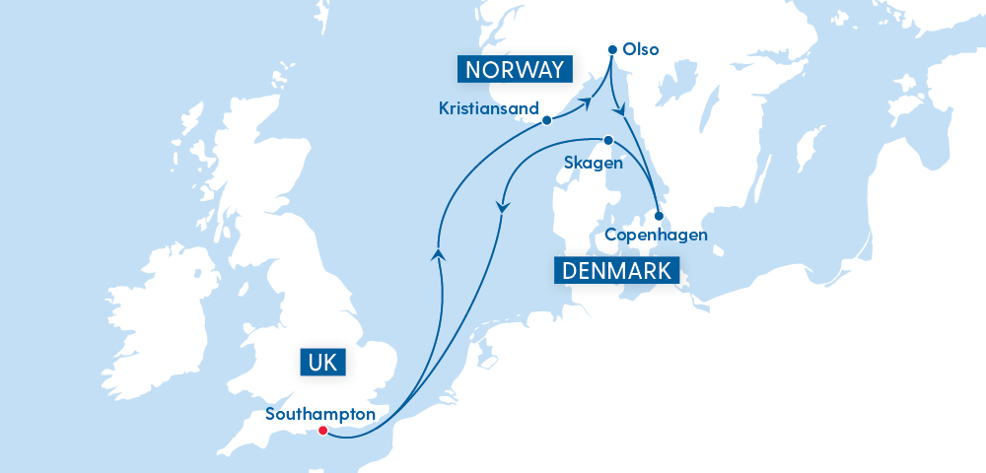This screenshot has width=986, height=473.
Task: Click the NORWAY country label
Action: click(x=515, y=69)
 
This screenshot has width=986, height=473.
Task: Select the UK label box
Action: click(x=322, y=362)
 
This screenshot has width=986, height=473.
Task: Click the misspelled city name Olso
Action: click(x=641, y=49)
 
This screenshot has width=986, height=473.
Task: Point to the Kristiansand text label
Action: click(x=490, y=108)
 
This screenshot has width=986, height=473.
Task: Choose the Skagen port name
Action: click(x=592, y=164)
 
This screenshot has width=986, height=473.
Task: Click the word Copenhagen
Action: click(x=656, y=235)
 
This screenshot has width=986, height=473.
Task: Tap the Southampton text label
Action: click(x=320, y=414)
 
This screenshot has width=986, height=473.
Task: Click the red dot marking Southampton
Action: click(x=322, y=431)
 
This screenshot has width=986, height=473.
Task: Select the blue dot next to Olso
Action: click(x=612, y=48)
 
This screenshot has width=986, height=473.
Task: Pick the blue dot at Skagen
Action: click(x=608, y=140)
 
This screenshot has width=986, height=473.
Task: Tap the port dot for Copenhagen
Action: click(x=659, y=214)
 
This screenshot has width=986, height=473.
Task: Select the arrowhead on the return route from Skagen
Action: click(x=503, y=207)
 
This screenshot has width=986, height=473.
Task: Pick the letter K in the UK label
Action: click(x=331, y=362)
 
